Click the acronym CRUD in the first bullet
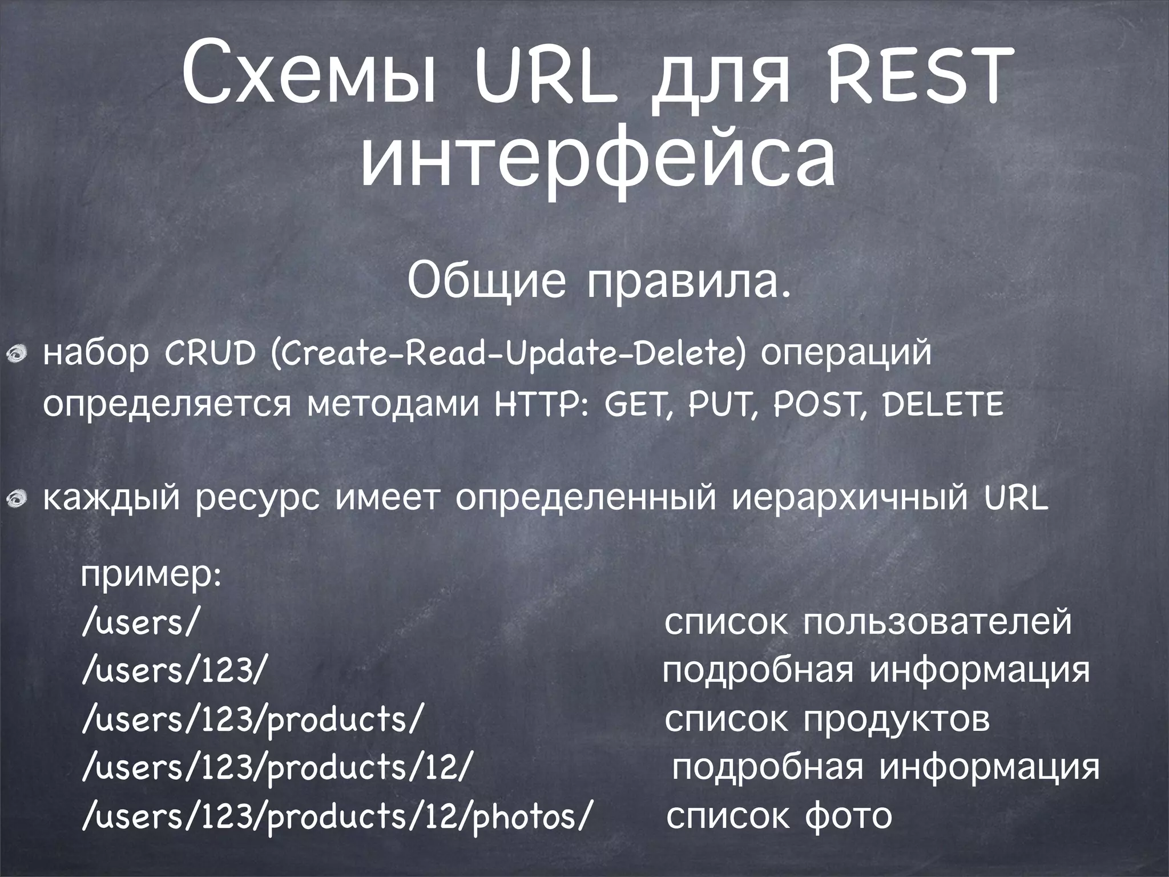(x=210, y=355)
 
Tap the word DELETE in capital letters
(x=942, y=406)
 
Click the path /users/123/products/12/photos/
(x=334, y=816)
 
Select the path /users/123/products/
(x=252, y=719)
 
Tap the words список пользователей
(x=868, y=622)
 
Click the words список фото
(x=779, y=816)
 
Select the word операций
(x=846, y=355)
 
